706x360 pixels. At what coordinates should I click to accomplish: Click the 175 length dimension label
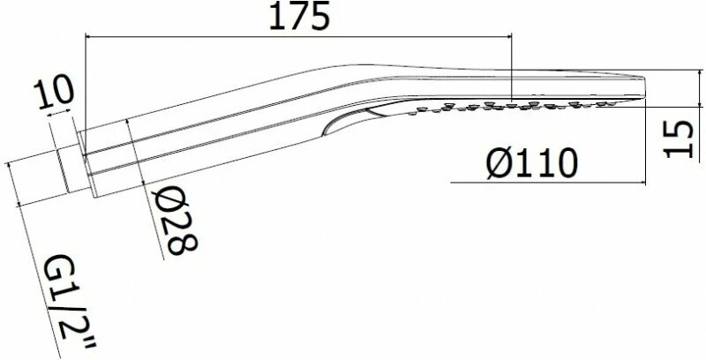coord(299,16)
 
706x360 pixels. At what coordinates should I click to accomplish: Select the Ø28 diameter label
coord(175,221)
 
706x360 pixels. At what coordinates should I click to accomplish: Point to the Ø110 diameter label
coord(532,163)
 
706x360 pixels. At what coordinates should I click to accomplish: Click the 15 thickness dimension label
coord(679,139)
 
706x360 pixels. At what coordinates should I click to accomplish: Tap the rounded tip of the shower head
coord(642,87)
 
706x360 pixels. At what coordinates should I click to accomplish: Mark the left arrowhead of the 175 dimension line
coord(88,36)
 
